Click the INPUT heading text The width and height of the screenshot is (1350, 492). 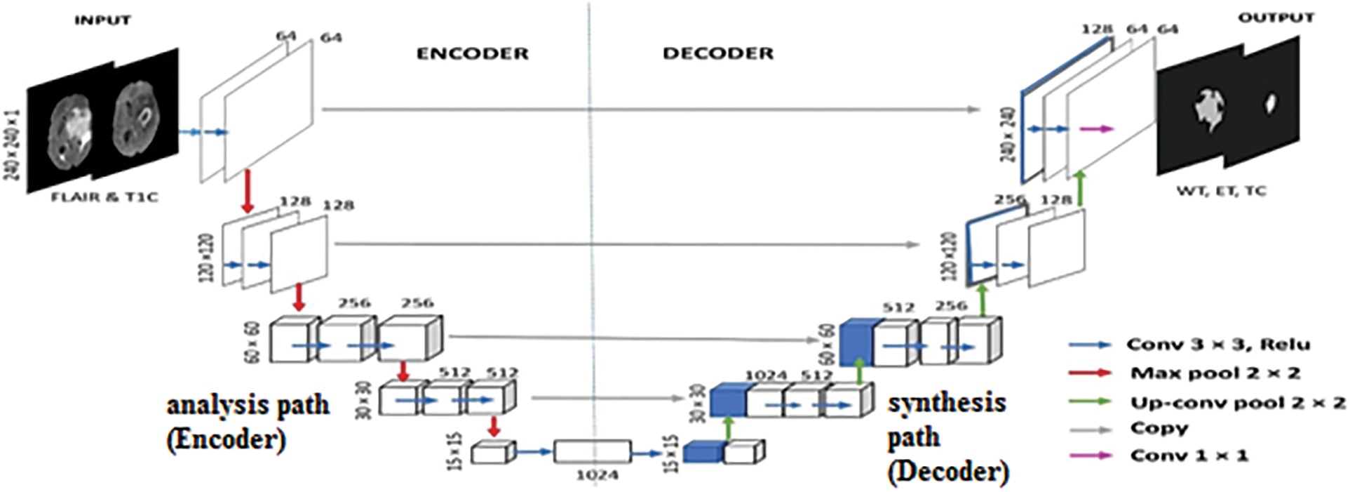102,20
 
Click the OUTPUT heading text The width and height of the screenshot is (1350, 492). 1275,18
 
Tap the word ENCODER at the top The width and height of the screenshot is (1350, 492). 472,54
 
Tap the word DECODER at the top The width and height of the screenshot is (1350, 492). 718,53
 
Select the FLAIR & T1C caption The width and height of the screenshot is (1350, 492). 104,197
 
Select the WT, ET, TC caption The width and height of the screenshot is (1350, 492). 1222,190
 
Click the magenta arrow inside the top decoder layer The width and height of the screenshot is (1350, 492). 1095,129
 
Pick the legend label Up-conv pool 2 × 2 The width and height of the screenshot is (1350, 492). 1238,403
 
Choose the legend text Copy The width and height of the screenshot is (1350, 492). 1159,428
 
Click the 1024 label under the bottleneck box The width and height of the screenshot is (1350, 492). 597,475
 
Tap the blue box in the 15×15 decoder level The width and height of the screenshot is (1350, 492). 703,452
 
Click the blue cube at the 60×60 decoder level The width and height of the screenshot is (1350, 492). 856,343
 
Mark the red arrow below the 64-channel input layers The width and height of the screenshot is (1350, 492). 247,190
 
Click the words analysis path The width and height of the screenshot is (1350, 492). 248,405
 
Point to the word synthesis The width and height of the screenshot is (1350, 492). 946,403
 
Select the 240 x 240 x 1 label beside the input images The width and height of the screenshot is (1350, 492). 13,144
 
